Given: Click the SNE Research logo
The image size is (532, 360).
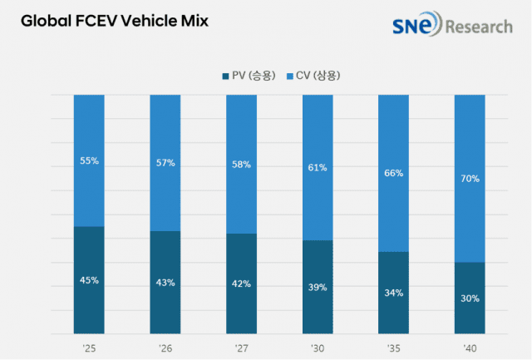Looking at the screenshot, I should (x=451, y=26).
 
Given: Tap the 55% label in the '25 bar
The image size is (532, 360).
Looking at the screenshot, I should (x=89, y=160).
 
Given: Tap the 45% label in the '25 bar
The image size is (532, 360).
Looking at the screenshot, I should (x=89, y=280).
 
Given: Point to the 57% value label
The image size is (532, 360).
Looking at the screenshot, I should (x=165, y=163).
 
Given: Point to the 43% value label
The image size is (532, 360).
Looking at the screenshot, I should (x=165, y=283).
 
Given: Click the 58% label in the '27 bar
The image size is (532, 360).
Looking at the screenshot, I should (x=241, y=165).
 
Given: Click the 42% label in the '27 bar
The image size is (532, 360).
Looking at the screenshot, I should (x=241, y=284).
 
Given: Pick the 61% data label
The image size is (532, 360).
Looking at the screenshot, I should (x=318, y=168).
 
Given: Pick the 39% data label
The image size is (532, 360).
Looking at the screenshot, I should (x=318, y=287).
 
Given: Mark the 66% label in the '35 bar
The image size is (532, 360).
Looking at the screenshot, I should (x=394, y=174).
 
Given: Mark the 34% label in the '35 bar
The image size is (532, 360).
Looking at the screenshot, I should (x=394, y=293).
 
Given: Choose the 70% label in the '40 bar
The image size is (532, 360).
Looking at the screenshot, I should (x=470, y=179).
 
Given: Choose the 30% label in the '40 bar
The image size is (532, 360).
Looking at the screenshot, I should (x=470, y=298).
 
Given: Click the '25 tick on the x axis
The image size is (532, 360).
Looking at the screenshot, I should (x=89, y=347).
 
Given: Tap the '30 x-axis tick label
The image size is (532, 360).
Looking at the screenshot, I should (x=318, y=347).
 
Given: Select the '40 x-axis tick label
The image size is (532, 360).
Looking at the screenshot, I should (x=470, y=347).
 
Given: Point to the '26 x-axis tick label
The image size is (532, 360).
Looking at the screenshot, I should (x=165, y=347).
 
